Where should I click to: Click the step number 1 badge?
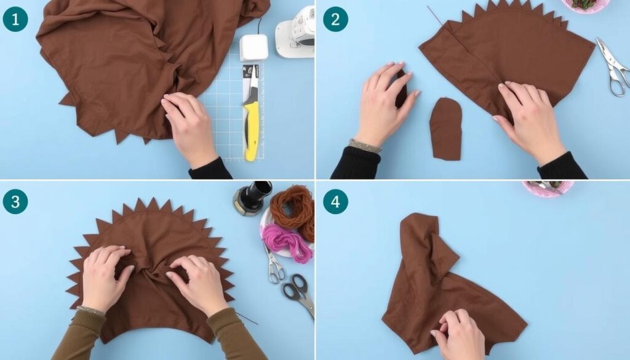[x=15, y=19]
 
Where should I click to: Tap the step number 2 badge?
[x=335, y=19]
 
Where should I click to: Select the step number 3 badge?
[x=15, y=201]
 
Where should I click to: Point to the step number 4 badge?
[x=335, y=201]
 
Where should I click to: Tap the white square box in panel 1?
[x=254, y=47]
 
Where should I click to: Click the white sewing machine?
[x=295, y=33]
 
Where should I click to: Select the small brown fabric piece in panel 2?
[x=445, y=129]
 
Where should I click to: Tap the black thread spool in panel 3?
[x=253, y=198]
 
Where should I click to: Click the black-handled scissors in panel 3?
[x=300, y=294]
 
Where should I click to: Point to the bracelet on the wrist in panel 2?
[x=365, y=145]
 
